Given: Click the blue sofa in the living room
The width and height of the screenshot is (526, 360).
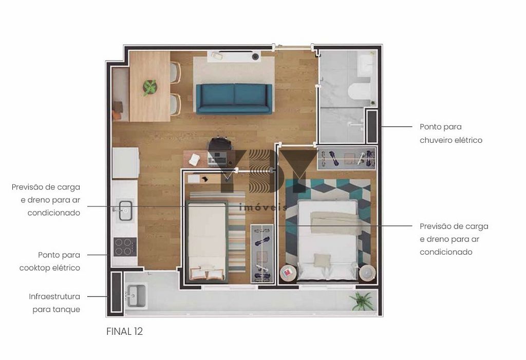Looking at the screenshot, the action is [234, 99].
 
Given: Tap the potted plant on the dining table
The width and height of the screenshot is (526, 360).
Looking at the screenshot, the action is [149, 87].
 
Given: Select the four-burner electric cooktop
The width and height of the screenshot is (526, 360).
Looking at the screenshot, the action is [125, 247].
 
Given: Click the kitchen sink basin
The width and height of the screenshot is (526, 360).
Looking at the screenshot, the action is [125, 211].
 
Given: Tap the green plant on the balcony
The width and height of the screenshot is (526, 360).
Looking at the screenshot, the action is [361, 300].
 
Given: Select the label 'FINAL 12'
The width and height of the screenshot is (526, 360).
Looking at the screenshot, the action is [124, 331].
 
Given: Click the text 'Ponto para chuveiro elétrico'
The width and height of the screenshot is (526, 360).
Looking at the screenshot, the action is [451, 134].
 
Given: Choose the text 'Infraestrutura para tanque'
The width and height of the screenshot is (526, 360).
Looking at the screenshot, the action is [54, 303].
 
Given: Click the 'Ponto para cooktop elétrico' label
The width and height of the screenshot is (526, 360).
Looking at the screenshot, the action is [50, 261].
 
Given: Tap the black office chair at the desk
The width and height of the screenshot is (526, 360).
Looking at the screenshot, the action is [220, 144].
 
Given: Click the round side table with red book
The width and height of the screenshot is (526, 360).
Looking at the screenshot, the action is [288, 273].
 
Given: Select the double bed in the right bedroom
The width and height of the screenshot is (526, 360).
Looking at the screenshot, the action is [327, 239].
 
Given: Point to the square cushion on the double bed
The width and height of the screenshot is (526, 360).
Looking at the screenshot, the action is [322, 260].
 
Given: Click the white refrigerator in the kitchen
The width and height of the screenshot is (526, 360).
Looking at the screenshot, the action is [126, 163].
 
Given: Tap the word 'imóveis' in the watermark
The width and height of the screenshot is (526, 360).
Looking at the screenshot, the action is [264, 207].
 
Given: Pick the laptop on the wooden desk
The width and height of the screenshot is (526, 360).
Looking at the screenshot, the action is [217, 159].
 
